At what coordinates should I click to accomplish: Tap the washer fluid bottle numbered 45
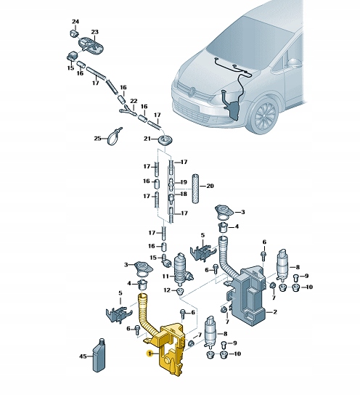click(x=98, y=356)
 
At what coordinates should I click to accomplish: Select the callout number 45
click(x=83, y=356)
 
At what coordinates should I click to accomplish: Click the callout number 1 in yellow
click(x=149, y=354)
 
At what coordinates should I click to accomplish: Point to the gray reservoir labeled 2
click(x=250, y=295)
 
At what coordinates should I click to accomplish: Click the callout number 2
click(x=274, y=312)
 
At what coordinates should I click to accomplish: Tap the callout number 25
click(x=97, y=138)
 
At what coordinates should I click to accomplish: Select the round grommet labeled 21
click(x=167, y=139)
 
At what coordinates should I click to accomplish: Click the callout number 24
click(x=75, y=22)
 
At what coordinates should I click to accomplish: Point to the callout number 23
click(x=94, y=33)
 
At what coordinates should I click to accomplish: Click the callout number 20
click(x=211, y=186)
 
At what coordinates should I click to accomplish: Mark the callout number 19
click(x=184, y=182)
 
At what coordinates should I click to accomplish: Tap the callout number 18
click(x=184, y=195)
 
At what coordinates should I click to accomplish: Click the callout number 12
click(x=167, y=291)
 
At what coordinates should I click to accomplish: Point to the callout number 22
click(x=133, y=100)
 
